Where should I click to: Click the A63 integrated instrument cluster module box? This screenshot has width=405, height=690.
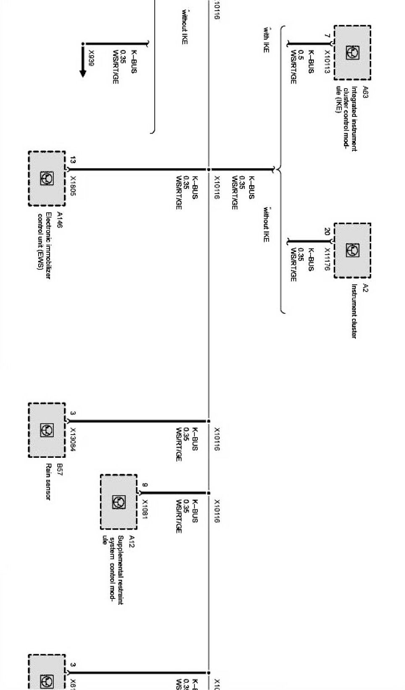click(352, 52)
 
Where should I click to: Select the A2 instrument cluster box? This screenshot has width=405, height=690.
click(352, 250)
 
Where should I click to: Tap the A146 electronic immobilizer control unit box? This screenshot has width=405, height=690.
click(47, 178)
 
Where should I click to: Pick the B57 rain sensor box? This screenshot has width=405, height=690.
click(47, 430)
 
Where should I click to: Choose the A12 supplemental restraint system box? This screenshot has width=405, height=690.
click(118, 502)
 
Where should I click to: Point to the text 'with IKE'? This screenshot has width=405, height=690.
click(266, 40)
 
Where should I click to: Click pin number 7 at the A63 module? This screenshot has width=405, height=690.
click(327, 37)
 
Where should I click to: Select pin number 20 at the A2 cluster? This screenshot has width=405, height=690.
click(327, 231)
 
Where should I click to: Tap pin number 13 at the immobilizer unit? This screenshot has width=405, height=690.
click(73, 160)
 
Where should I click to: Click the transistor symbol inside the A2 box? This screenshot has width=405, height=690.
click(352, 250)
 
